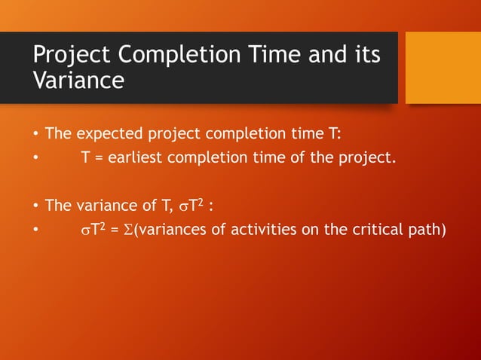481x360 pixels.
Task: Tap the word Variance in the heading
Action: click(78, 81)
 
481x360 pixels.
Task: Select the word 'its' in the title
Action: click(364, 56)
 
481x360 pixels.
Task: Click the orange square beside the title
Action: click(443, 68)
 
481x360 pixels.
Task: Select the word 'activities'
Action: click(259, 230)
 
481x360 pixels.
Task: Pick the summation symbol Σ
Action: click(127, 230)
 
